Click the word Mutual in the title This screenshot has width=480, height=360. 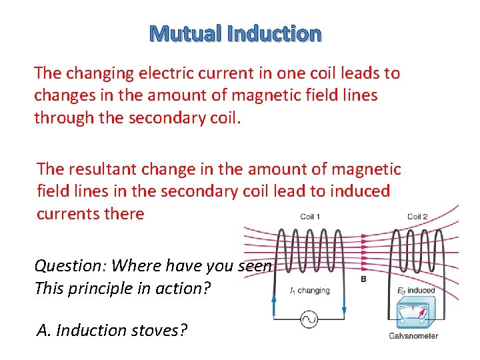[187, 33]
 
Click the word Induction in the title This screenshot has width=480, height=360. [274, 33]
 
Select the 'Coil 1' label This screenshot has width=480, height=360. [311, 217]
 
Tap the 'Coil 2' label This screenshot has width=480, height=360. [417, 217]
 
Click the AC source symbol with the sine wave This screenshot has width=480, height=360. [309, 319]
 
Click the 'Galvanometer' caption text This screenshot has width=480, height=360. [414, 335]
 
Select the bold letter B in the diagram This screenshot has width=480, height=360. [363, 279]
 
